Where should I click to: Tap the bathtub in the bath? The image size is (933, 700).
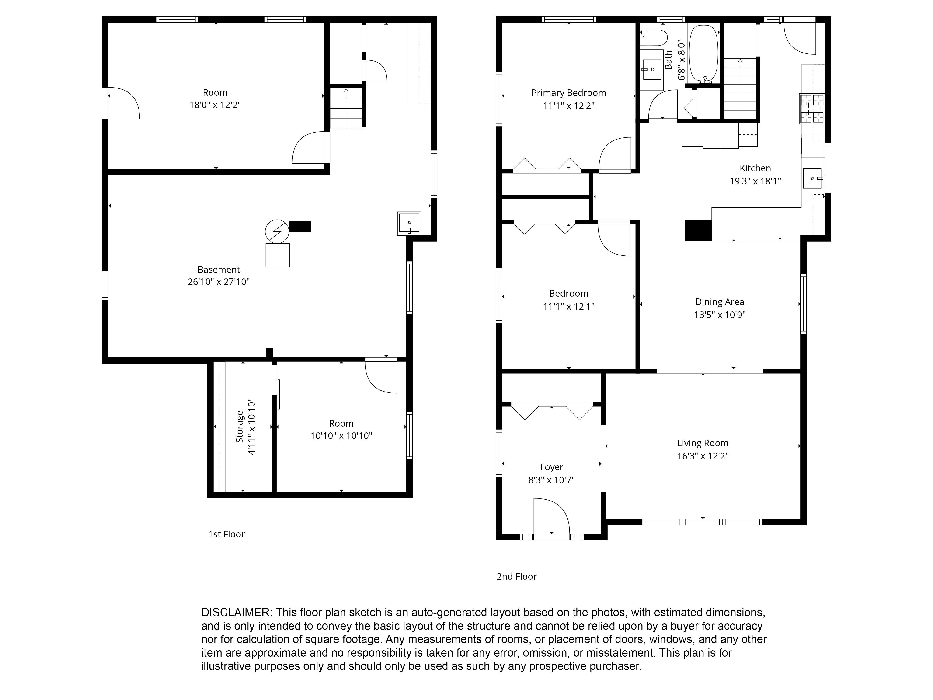[703, 54]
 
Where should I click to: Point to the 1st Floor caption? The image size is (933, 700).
[226, 534]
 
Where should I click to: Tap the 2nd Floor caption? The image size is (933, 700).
[516, 576]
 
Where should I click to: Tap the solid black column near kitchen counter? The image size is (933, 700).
[698, 230]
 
